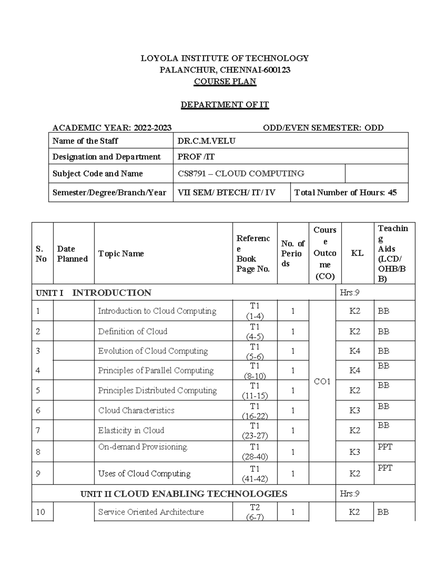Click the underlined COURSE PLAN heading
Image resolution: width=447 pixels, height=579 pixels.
[x=225, y=82]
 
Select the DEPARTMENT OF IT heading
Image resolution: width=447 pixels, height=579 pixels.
[x=225, y=105]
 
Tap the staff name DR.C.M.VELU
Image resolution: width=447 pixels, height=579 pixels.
[x=206, y=141]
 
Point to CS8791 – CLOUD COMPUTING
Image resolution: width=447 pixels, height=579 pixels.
[x=241, y=174]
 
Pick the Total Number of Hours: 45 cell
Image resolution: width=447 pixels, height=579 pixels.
[x=345, y=193]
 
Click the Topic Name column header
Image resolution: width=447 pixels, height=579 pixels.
[x=121, y=254]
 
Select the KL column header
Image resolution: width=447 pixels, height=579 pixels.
[x=357, y=254]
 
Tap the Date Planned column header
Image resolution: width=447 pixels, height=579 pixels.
[x=72, y=254]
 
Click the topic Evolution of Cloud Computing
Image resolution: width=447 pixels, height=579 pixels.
[x=153, y=351]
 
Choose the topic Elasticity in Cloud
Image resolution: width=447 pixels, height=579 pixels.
[x=131, y=431]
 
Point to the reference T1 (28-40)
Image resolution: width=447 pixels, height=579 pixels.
[x=255, y=452]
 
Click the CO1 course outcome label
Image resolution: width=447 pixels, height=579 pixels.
[x=322, y=382]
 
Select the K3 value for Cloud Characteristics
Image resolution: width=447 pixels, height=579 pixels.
[x=355, y=410]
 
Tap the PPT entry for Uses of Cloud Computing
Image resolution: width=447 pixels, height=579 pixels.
[x=385, y=468]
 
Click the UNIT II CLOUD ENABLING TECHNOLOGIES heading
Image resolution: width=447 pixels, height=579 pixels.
[x=184, y=494]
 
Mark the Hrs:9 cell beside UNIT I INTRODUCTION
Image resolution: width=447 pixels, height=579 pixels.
[x=349, y=293]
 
